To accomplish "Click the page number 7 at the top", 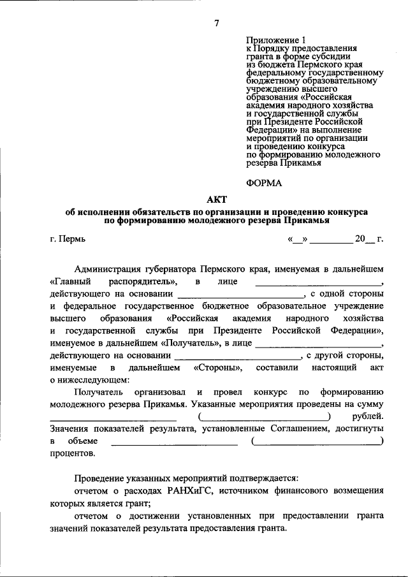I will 217,24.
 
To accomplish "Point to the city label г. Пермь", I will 67,240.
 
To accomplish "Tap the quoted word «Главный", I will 69,281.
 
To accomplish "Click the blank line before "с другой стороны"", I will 237,355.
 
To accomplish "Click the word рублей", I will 367,416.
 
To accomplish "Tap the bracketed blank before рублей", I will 265,416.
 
